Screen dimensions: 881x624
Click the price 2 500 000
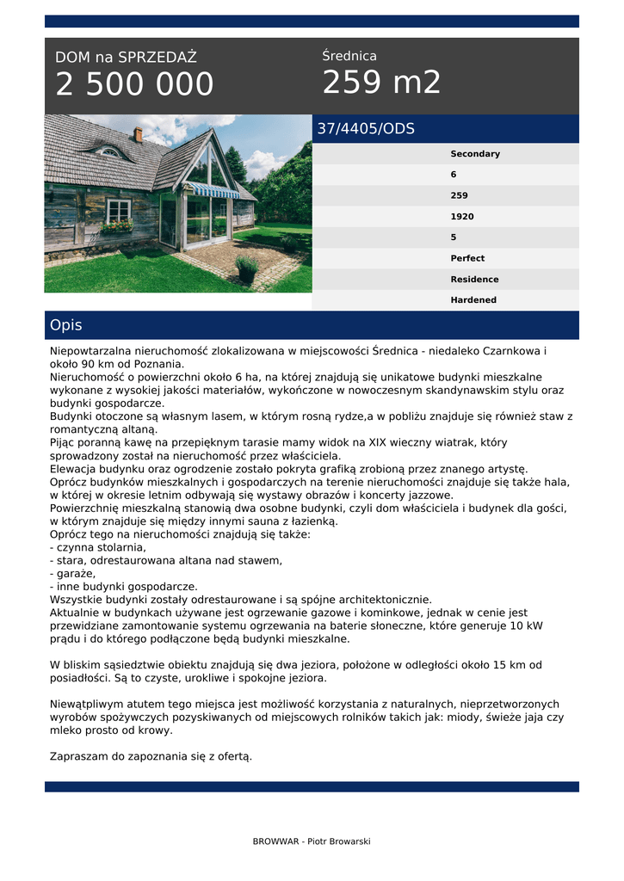click(x=134, y=84)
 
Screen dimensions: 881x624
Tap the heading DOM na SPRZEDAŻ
click(x=126, y=58)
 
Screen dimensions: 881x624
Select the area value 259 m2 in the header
click(x=381, y=83)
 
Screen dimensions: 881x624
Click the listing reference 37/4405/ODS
click(x=366, y=129)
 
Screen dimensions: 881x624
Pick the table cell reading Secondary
click(x=475, y=154)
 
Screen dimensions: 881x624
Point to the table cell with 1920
click(x=462, y=217)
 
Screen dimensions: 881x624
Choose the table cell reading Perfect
click(x=467, y=258)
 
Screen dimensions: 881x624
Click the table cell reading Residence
click(x=474, y=280)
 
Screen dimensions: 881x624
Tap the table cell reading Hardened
click(x=473, y=300)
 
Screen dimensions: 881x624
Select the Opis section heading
click(x=66, y=325)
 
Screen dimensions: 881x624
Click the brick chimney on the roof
click(x=138, y=134)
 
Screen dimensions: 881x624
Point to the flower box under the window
click(x=117, y=227)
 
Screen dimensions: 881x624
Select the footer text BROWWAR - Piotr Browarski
click(x=312, y=841)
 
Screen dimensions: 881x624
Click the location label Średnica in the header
click(x=349, y=56)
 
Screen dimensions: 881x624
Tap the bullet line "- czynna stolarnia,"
click(x=98, y=547)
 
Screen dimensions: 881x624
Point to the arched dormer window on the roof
click(x=107, y=151)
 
